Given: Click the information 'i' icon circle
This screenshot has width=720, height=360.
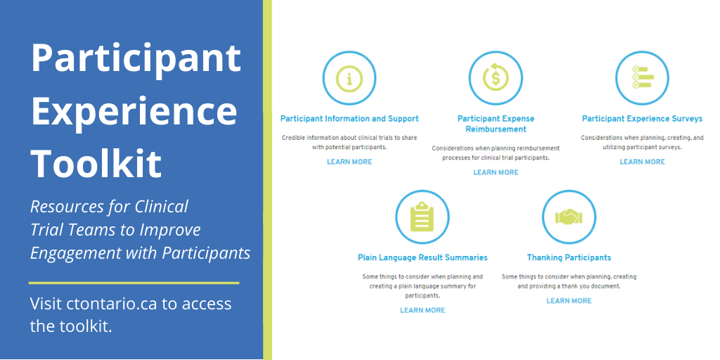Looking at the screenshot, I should pos(349,79).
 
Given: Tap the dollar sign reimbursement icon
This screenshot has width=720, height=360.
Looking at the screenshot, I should pos(496,79).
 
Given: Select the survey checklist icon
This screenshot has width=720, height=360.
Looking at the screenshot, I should pos(642,78).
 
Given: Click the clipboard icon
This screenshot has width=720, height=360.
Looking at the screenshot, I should pos(423,217).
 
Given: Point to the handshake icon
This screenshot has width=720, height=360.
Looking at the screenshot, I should pos(569,217).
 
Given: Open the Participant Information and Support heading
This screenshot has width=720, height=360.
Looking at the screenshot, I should pos(349,119).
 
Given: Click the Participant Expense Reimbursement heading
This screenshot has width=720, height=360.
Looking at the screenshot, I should pos(496,124).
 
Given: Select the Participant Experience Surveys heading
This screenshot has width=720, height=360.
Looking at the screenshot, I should pos(642,119).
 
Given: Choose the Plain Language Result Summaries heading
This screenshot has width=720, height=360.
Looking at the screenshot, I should pos(423,257).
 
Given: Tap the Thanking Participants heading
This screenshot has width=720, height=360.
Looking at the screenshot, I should pos(569,257).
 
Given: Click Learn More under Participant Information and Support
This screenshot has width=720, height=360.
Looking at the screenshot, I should pos(349,162).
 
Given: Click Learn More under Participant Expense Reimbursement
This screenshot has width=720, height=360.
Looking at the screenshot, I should pos(496,172).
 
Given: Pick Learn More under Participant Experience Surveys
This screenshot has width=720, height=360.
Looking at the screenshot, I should pos(642,162).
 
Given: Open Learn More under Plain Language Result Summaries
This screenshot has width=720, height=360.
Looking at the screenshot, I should pos(423,310).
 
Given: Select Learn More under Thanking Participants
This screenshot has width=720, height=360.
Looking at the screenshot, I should pos(569,301).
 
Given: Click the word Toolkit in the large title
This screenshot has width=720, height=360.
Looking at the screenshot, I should pos(96,162).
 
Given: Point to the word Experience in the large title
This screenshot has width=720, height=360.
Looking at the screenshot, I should pos(134,111).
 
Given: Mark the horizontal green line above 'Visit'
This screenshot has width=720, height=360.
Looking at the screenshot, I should pos(134,283).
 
